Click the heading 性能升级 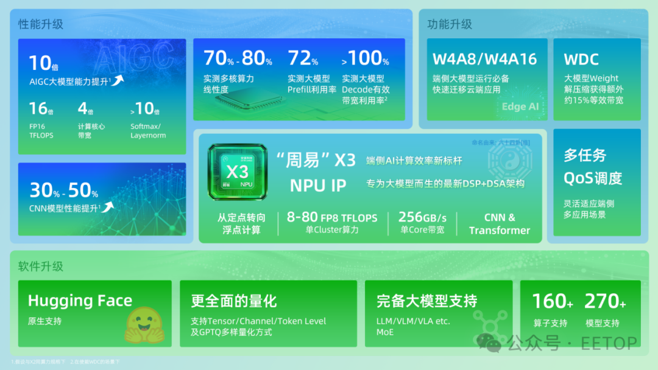pos(41,25)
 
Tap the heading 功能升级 pos(450,25)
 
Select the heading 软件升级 pos(41,267)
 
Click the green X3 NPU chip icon pos(237,172)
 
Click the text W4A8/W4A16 pos(484,59)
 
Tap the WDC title pos(581,60)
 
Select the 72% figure pos(303,59)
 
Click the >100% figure pos(365,59)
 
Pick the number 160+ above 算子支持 pos(552,301)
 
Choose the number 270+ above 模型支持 pos(604,301)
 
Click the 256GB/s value pos(422,217)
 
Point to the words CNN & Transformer pos(500,224)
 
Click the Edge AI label pos(520,106)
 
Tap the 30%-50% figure pos(64,190)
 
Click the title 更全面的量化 pos(234,301)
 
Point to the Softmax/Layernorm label pos(148,131)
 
